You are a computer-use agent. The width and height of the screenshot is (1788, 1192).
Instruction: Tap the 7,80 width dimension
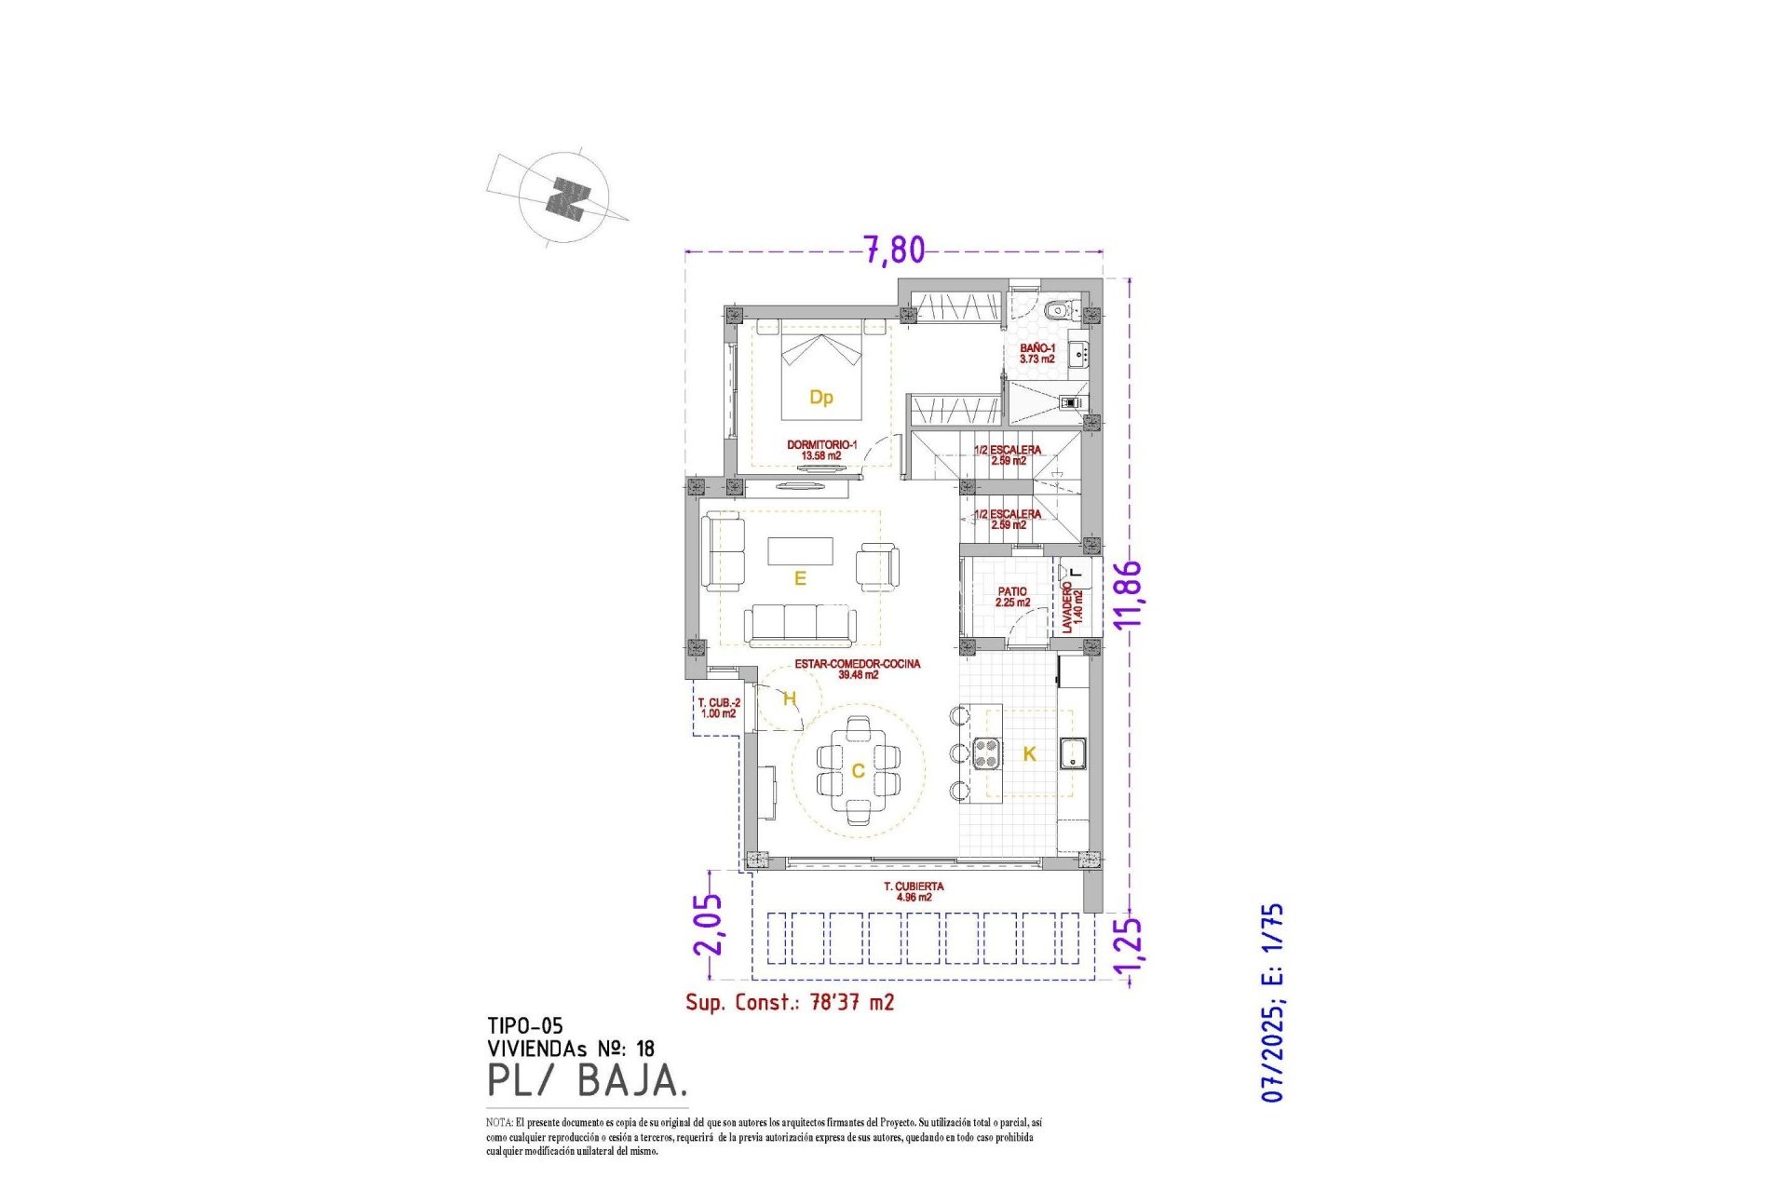(x=894, y=251)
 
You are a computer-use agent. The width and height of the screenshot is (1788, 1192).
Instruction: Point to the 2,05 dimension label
(x=709, y=925)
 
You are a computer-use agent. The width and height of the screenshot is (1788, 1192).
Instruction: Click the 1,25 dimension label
(x=1128, y=951)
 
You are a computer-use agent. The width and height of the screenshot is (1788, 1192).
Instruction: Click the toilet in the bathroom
(x=1057, y=310)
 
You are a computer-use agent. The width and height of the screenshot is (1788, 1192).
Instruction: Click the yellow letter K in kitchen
(x=1029, y=754)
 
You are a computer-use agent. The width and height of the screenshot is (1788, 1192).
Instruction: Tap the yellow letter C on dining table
(x=858, y=771)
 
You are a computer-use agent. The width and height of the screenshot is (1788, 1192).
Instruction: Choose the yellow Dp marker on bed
(x=820, y=398)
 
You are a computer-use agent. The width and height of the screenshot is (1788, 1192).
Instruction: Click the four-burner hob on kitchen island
(x=986, y=753)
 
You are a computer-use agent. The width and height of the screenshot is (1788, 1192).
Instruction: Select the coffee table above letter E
(x=800, y=550)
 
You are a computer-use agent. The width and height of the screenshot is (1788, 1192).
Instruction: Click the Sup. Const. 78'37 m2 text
(x=790, y=1002)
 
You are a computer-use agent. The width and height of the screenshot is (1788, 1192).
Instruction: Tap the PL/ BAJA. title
(x=588, y=1080)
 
